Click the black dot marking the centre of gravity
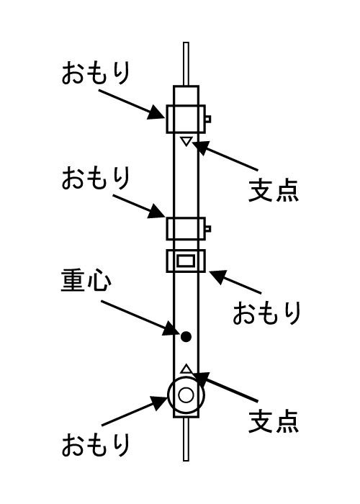(x=186, y=337)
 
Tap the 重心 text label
(x=86, y=281)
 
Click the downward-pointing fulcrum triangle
(x=186, y=141)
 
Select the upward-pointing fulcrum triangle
(x=186, y=369)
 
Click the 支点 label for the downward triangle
(x=274, y=190)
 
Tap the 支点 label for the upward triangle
(x=274, y=420)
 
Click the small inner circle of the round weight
(x=186, y=395)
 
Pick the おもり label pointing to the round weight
(x=96, y=444)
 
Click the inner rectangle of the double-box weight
(x=186, y=261)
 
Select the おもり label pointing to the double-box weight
(x=267, y=312)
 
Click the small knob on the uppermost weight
(x=208, y=119)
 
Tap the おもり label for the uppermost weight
(x=96, y=73)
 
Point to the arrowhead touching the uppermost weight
(x=157, y=112)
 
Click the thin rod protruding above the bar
(x=186, y=64)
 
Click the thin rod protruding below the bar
(x=186, y=439)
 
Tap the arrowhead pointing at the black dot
(x=171, y=328)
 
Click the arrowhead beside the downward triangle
(x=202, y=148)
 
